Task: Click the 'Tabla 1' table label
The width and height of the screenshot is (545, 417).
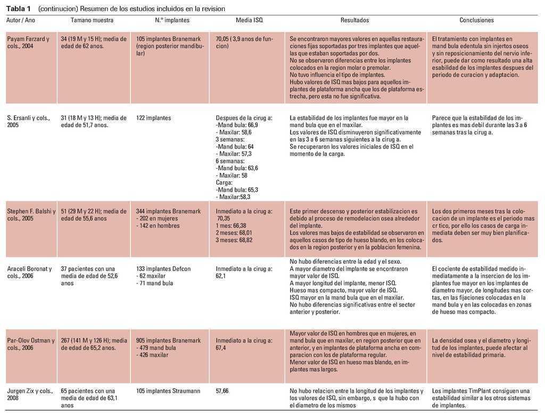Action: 18,9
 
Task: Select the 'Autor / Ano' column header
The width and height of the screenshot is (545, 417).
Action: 21,20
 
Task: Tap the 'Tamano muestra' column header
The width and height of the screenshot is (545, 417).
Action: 92,20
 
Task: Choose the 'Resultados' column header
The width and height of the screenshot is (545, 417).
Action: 354,20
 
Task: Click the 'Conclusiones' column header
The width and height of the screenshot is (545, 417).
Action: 476,20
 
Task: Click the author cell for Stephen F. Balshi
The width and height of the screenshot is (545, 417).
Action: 31,215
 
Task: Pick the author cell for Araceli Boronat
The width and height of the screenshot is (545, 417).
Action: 29,272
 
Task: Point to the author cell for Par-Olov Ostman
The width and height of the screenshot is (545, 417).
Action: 30,344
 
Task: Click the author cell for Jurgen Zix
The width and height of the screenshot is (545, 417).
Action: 30,395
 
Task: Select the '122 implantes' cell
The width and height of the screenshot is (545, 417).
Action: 154,118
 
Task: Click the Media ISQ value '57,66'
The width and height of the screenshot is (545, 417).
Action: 222,391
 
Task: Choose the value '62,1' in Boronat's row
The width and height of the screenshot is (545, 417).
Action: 220,276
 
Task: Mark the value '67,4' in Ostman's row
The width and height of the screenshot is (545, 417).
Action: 221,348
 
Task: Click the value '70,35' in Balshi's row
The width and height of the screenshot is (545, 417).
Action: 224,219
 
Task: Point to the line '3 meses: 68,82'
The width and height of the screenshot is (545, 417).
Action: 234,240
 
